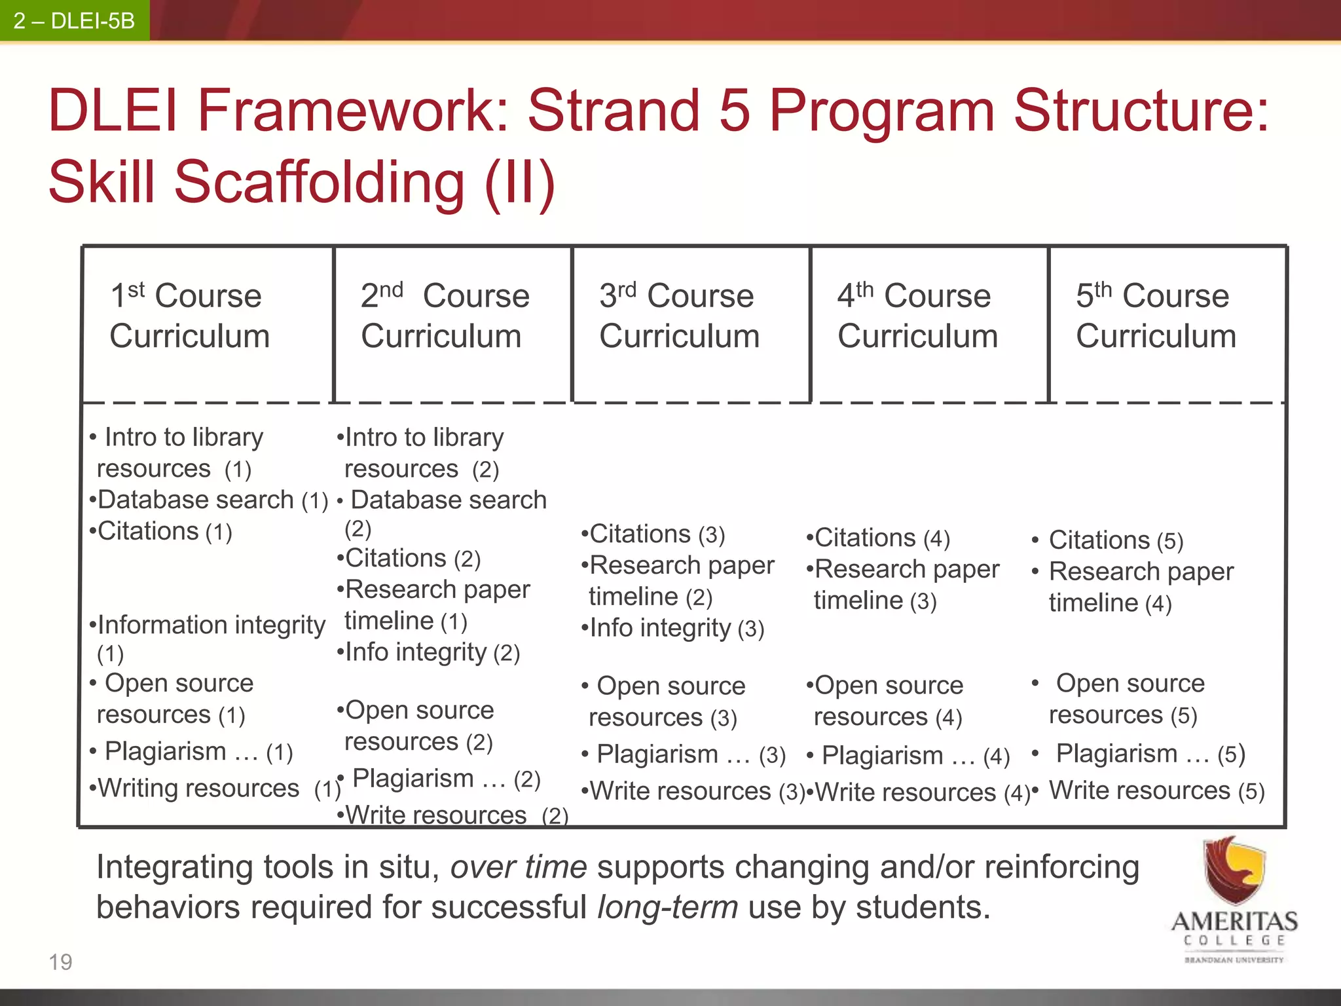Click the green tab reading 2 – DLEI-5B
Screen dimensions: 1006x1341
74,21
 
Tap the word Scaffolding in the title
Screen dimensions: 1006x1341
320,183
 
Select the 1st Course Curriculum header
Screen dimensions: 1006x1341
189,316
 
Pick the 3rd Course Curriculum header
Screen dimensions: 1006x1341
679,316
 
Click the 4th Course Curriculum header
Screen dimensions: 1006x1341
917,316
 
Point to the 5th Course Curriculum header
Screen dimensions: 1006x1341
1156,316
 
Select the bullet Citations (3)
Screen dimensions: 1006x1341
653,534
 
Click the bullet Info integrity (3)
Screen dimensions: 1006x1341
673,629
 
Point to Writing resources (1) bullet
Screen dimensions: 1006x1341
215,789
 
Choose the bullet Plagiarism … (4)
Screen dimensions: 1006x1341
910,756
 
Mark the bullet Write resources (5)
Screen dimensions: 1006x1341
1156,791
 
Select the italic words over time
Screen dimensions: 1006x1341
519,867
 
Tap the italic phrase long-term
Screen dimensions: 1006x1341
668,908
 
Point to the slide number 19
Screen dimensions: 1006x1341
60,962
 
